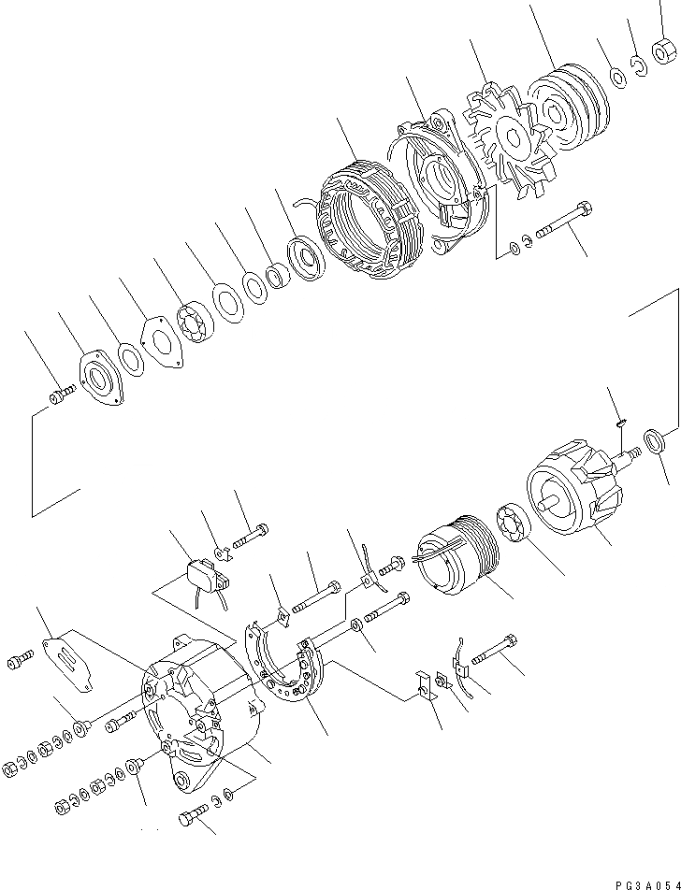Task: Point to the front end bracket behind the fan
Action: (x=439, y=186)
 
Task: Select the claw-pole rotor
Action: (x=566, y=492)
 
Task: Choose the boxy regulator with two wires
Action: (x=203, y=577)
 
